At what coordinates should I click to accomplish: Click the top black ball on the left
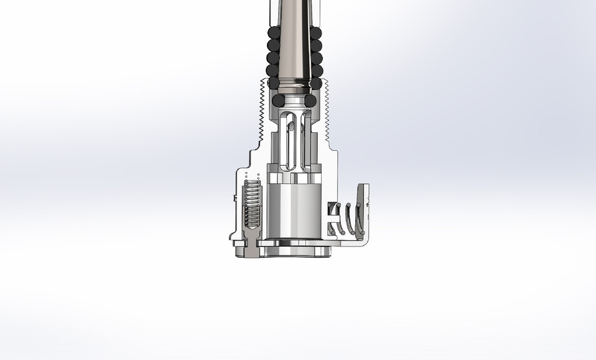tap(273, 33)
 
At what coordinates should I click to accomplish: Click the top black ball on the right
tap(316, 33)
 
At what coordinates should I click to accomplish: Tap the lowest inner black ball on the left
tap(278, 100)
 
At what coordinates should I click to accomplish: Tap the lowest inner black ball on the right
tap(310, 100)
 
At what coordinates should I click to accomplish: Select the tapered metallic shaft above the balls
tap(294, 37)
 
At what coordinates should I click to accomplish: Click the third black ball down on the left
tap(273, 58)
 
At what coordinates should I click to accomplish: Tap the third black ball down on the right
tap(316, 58)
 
